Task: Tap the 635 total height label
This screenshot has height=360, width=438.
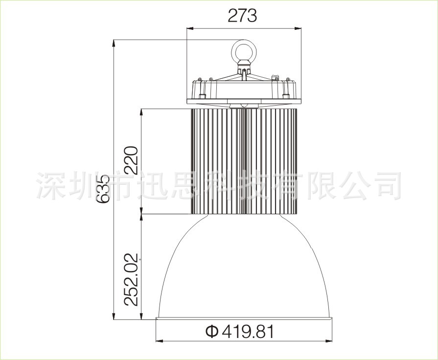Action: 102,189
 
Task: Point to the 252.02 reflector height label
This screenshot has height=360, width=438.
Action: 131,280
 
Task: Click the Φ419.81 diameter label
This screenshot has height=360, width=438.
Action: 240,332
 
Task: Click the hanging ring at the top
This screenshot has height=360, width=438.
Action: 243,51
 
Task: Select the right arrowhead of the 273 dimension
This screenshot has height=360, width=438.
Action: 298,28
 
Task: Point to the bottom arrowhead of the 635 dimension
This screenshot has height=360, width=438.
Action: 114,316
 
